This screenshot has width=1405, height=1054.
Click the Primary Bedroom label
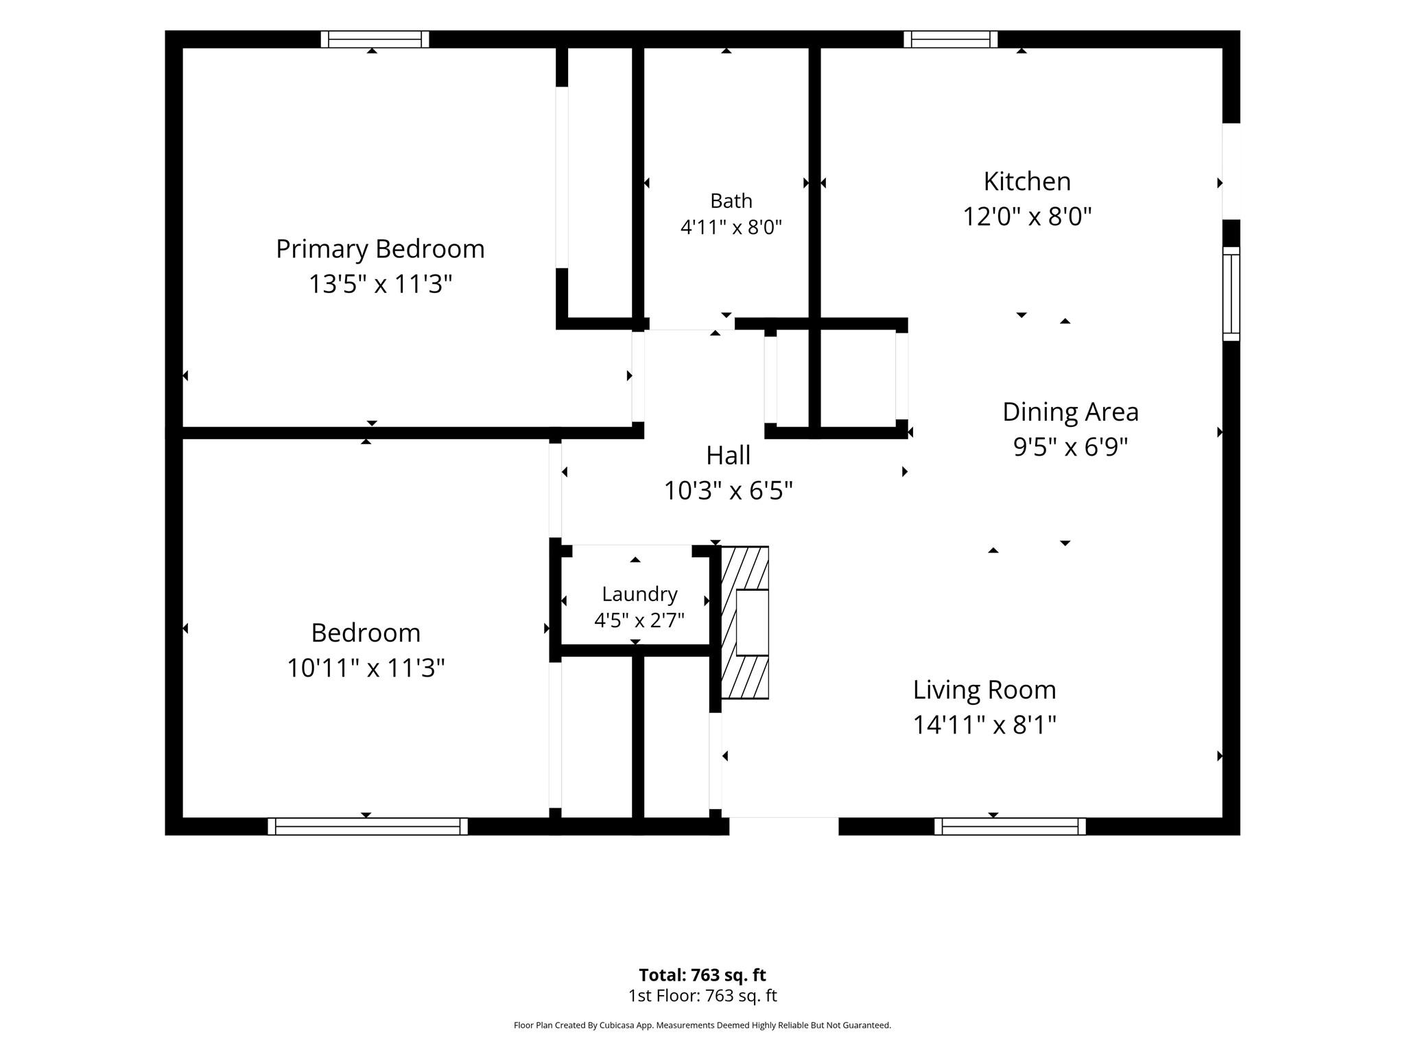[380, 249]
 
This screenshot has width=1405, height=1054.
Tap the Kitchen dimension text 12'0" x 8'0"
[1027, 217]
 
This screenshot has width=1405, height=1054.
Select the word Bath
[731, 201]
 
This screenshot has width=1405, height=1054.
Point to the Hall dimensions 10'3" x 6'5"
[729, 491]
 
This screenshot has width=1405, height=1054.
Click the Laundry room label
[639, 594]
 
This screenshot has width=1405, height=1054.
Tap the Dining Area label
[1070, 412]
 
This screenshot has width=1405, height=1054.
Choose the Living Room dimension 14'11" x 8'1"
[984, 725]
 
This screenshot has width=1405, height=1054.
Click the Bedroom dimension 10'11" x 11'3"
[366, 668]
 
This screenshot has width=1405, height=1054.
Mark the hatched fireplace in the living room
[745, 622]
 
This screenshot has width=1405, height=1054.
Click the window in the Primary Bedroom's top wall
[375, 39]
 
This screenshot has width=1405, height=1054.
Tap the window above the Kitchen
[950, 39]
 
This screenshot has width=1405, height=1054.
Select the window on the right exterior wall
[1231, 294]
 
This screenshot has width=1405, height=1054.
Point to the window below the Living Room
[1010, 826]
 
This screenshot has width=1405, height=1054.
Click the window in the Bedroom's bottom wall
[368, 826]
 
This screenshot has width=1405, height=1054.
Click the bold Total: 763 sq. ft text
[702, 975]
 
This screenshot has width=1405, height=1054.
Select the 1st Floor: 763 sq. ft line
[702, 996]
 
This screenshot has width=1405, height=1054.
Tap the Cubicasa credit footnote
[702, 1025]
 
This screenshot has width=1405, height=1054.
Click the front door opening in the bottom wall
[783, 826]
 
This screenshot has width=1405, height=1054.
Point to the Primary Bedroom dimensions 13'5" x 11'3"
[380, 284]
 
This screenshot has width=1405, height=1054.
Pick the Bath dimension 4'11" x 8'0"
[731, 227]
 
